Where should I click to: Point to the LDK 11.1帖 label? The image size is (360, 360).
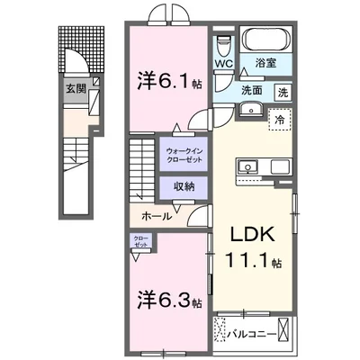coord(253,247)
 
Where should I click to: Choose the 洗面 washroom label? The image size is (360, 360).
coord(250,91)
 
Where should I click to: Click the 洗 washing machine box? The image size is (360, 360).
coord(283,91)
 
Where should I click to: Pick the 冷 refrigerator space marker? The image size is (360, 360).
coord(280,119)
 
